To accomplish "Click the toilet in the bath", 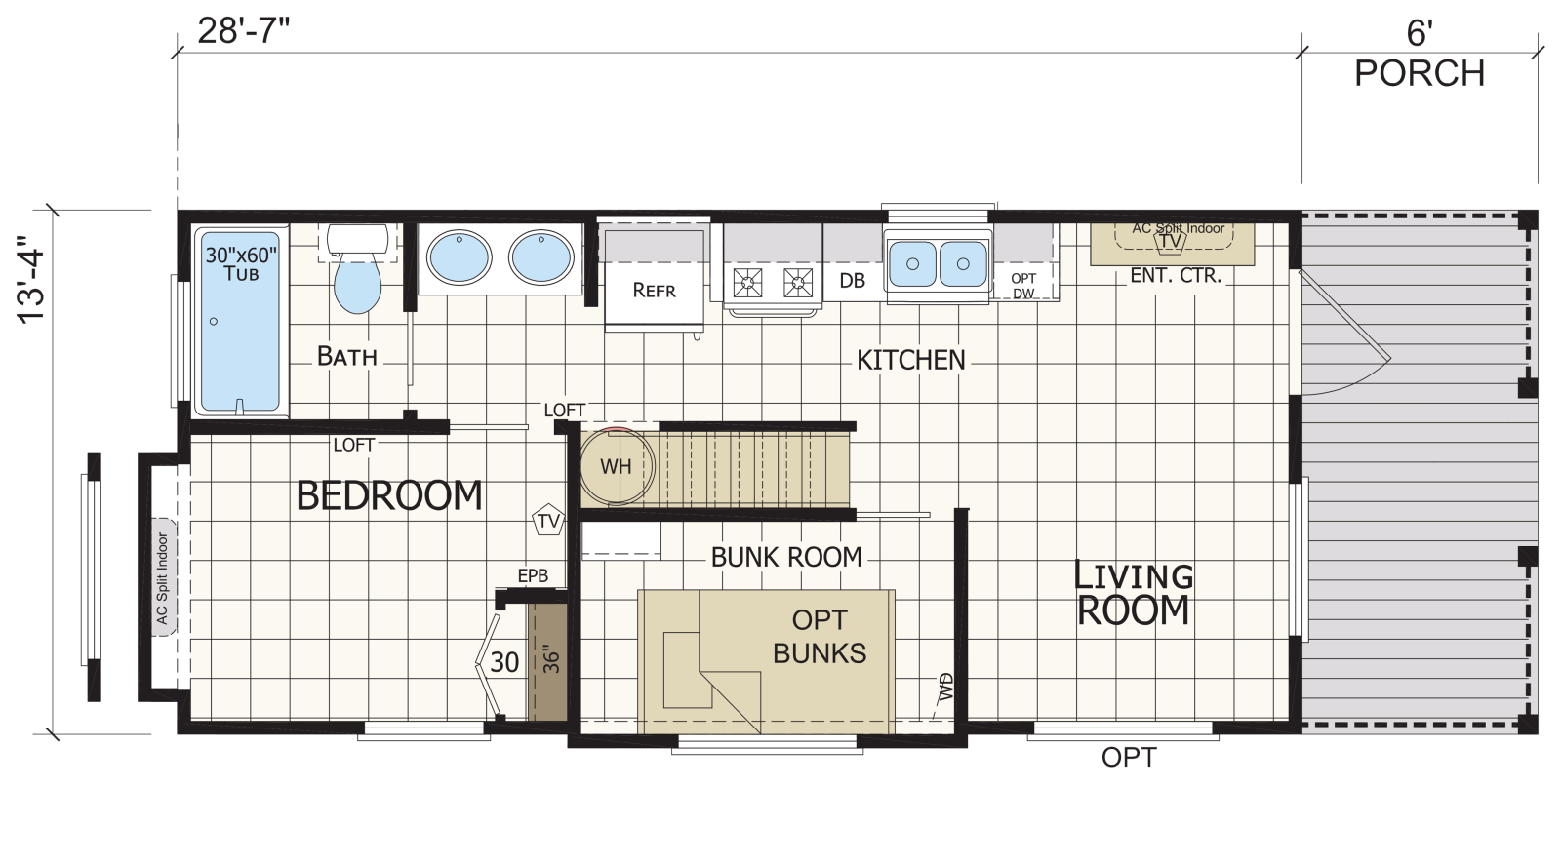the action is (357, 269).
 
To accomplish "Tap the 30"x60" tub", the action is (240, 321).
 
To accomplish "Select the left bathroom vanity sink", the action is (460, 257).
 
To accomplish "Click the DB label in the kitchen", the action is (853, 281).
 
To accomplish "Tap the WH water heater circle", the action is (616, 467).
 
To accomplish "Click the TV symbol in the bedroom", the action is (548, 520).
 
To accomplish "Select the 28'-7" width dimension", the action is (243, 30).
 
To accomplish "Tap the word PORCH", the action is (1420, 73).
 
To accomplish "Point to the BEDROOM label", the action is (389, 495).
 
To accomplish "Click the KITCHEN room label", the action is (911, 360).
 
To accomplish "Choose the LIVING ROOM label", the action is (1133, 594).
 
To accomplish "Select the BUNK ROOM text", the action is (786, 557).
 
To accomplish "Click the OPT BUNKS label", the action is (820, 637).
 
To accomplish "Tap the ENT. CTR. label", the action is (1176, 276).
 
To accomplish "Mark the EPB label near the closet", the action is (533, 575).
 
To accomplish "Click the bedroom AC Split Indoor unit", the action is (163, 577).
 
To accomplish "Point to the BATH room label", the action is (347, 356).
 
